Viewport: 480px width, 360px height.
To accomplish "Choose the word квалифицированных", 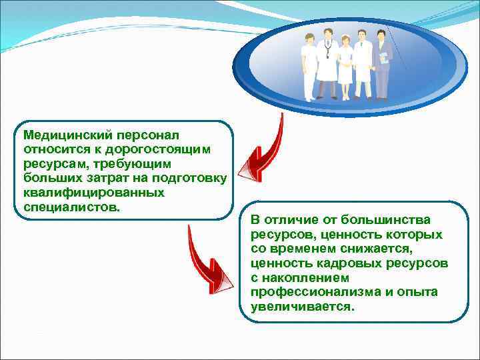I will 93,193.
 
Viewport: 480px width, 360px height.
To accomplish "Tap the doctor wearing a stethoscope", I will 327,67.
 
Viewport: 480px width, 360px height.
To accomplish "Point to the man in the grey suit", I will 382,65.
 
